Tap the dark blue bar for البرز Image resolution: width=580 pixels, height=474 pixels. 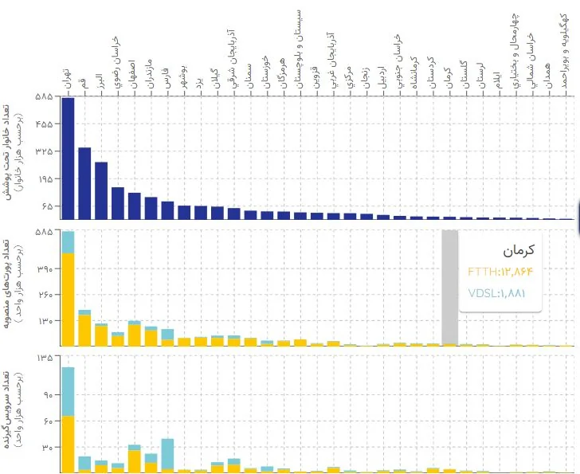click(101, 190)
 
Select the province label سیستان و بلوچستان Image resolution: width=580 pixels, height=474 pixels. click(299, 44)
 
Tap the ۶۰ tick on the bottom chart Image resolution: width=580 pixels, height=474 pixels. click(45, 421)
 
